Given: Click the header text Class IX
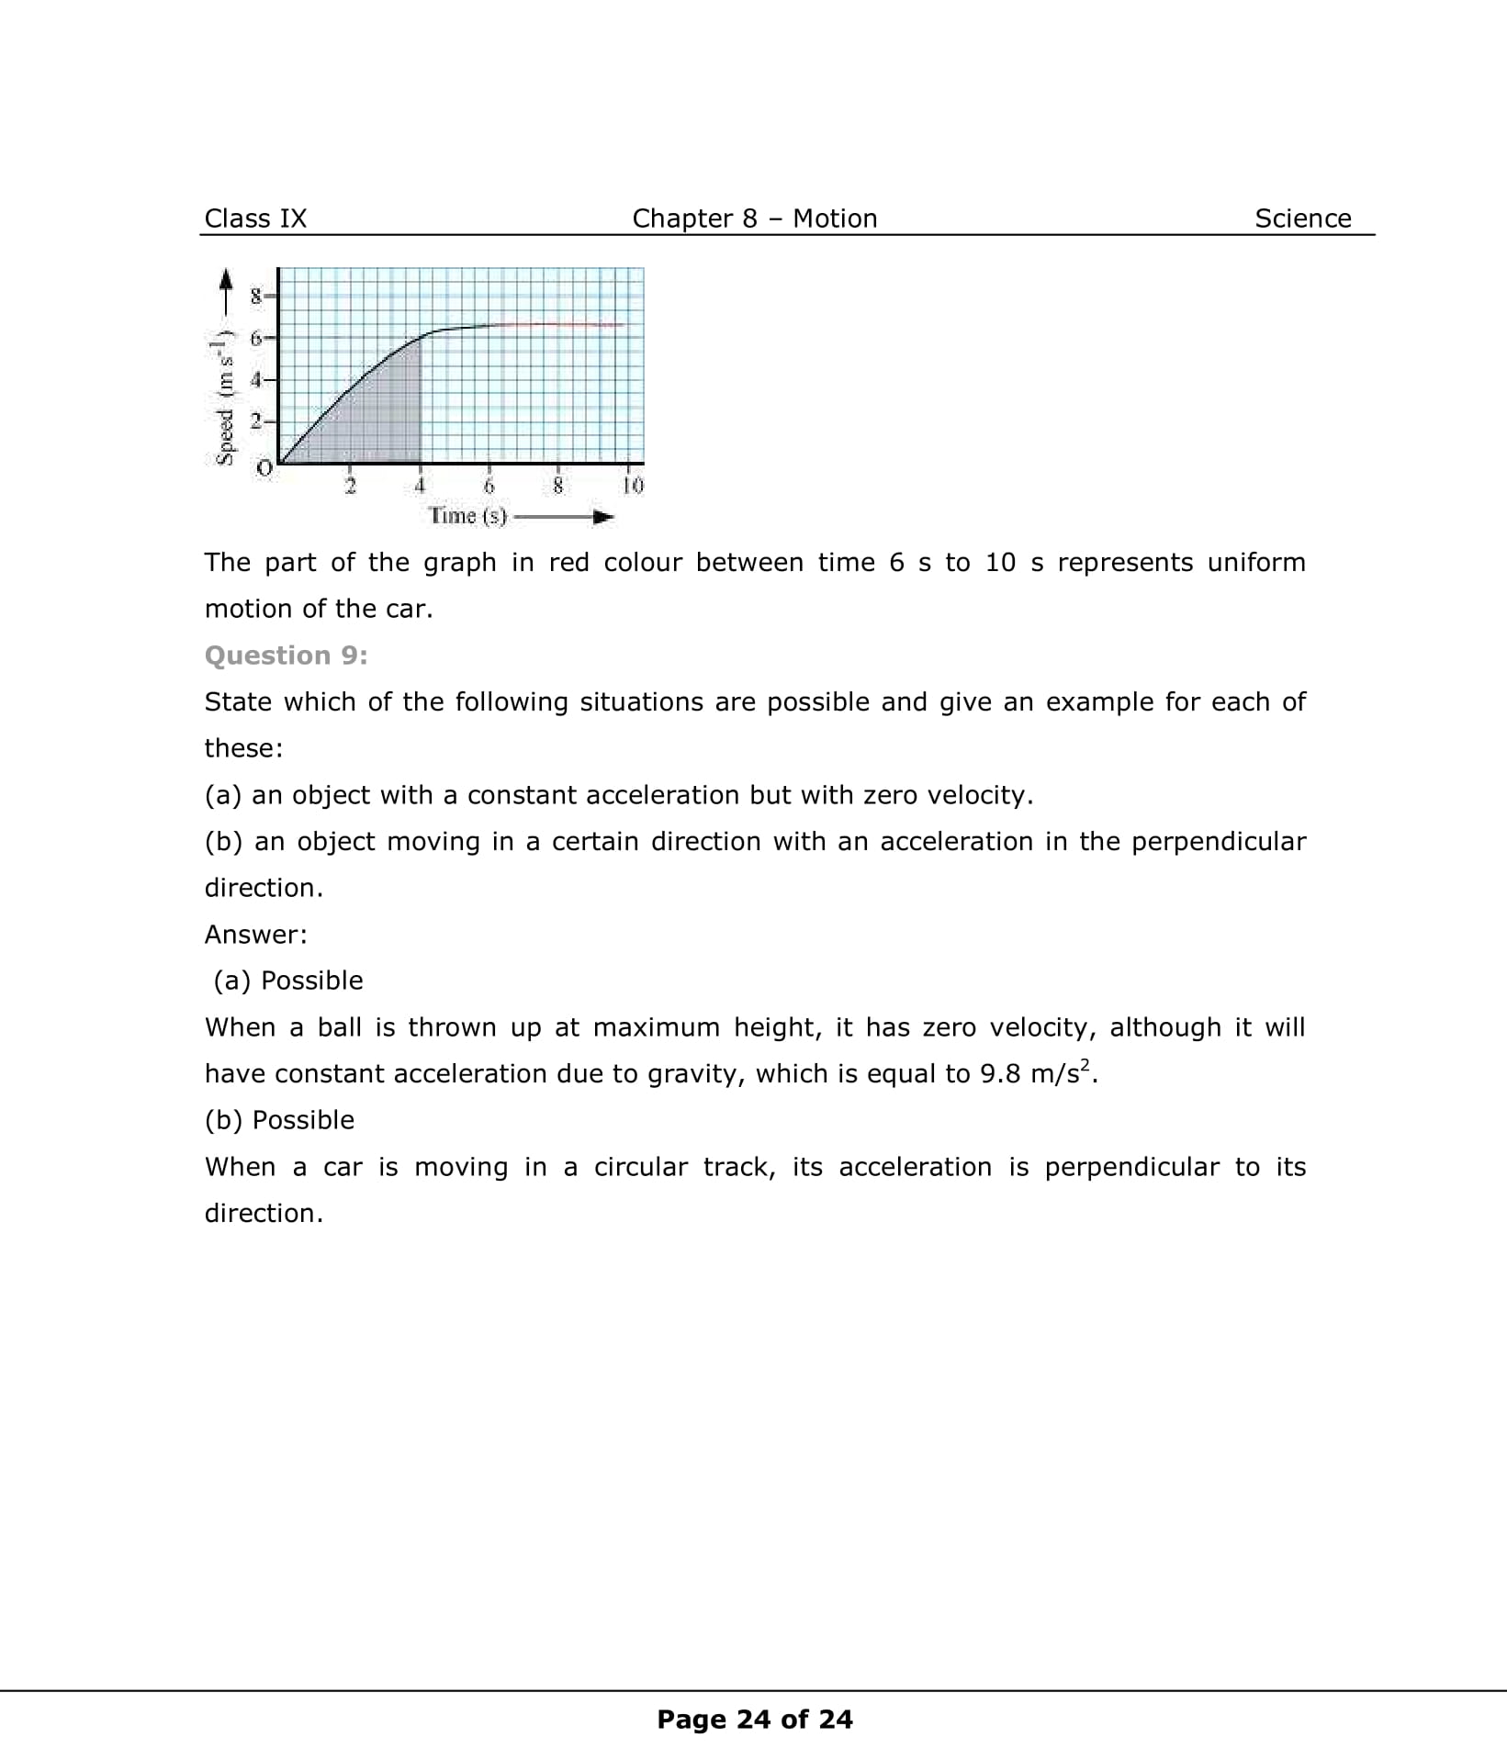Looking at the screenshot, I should click(255, 219).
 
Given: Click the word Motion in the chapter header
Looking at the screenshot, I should click(835, 219).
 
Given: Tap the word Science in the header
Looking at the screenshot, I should click(1302, 219).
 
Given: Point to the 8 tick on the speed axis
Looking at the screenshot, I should click(257, 296).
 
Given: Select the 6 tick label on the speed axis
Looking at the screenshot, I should click(257, 337).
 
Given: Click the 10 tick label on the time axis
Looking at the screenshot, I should click(633, 485).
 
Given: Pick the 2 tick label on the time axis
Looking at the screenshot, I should click(350, 486).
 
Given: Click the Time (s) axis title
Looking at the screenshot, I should click(468, 515).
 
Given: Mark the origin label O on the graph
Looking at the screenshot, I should click(264, 468).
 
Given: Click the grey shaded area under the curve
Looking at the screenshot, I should click(377, 422).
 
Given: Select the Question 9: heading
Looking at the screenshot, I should click(286, 656).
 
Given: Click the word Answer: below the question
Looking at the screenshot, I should click(255, 935).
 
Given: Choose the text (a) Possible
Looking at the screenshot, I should click(288, 981).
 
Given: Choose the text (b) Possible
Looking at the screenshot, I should click(279, 1120).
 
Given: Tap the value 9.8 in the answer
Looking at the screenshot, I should click(1000, 1073).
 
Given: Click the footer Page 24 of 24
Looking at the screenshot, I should click(754, 1720).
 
